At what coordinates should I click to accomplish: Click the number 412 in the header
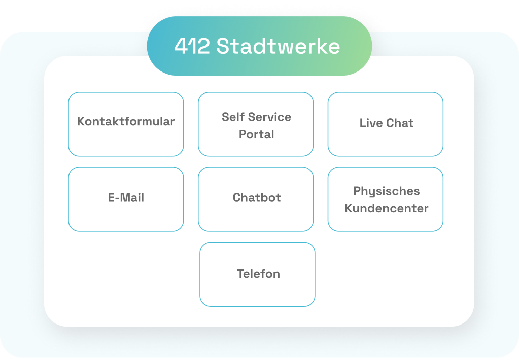192,47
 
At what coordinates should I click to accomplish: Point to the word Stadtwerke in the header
278,47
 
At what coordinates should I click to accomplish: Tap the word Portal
257,134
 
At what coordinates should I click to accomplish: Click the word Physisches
387,191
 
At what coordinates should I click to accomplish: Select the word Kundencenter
387,208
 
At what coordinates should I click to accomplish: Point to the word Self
233,117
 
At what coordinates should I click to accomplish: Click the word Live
371,123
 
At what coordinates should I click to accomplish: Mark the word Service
269,117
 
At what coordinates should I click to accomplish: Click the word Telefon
258,274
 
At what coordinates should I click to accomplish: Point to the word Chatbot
257,198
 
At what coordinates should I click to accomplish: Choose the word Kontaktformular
126,122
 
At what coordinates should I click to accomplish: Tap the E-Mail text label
126,198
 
